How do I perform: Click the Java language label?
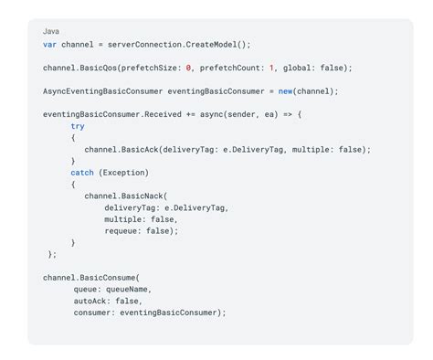click(x=51, y=31)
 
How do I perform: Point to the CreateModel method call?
click(x=215, y=44)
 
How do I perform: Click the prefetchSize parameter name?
click(x=156, y=68)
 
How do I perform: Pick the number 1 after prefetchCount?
click(x=270, y=68)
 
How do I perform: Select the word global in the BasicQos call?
click(x=298, y=68)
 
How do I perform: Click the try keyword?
click(x=78, y=126)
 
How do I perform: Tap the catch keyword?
click(x=82, y=173)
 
